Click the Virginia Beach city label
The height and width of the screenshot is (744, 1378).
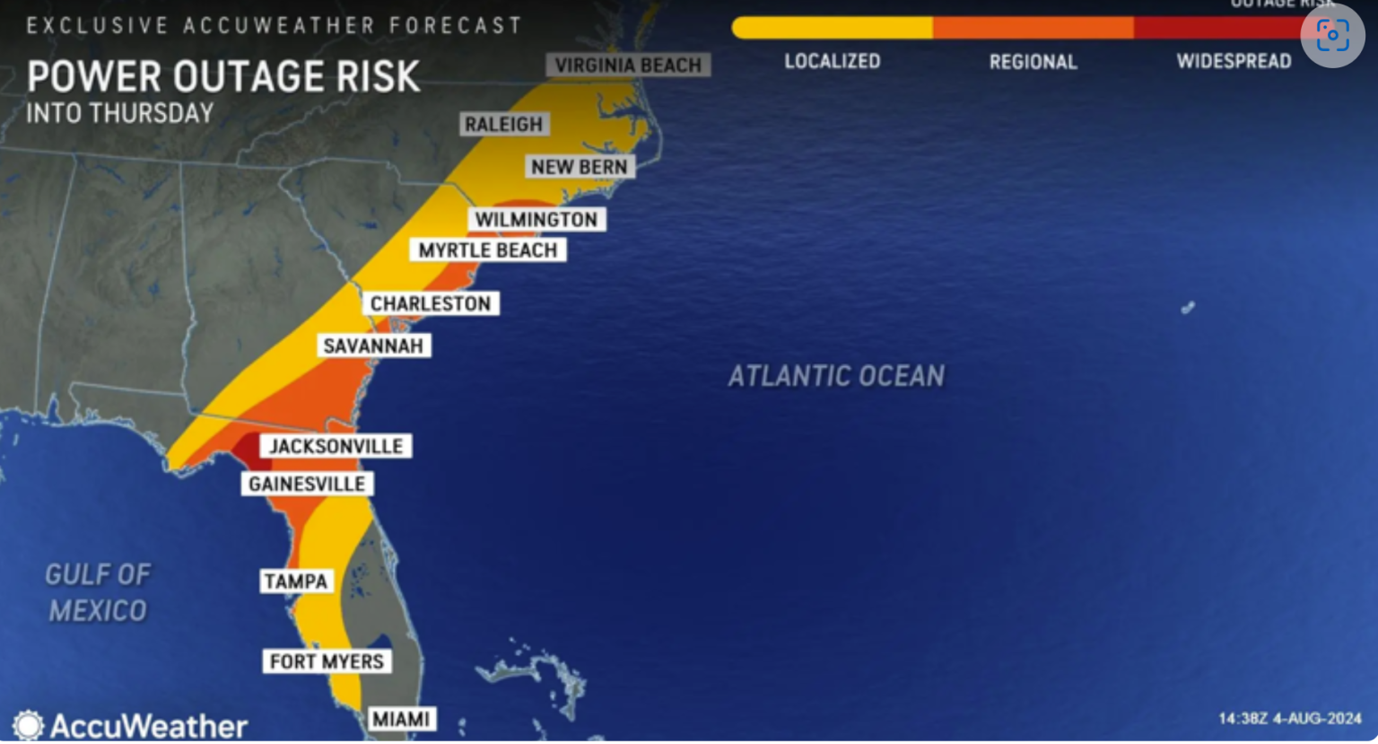[628, 66]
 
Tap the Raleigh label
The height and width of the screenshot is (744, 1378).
[503, 125]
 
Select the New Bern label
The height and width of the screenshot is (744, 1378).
[579, 167]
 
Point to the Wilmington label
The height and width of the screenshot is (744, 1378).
[536, 220]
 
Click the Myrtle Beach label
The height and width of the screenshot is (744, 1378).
[487, 250]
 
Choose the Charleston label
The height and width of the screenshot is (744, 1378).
[431, 304]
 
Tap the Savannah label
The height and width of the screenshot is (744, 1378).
[372, 346]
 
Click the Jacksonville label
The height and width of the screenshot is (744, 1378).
[336, 446]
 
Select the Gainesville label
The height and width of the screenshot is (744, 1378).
[307, 485]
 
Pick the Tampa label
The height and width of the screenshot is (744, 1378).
[296, 582]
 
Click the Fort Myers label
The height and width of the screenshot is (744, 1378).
[327, 662]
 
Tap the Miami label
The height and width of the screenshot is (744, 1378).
[401, 719]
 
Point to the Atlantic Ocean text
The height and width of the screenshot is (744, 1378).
[836, 376]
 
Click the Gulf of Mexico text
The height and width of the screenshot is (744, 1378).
[98, 592]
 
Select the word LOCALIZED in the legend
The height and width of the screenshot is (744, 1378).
[833, 62]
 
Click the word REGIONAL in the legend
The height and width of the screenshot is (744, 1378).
[1033, 62]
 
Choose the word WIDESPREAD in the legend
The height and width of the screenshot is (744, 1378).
[1234, 62]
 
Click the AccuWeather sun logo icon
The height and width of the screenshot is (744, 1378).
[28, 725]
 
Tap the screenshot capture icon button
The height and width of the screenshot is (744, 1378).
[1332, 36]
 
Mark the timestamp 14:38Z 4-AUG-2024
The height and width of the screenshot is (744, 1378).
[1289, 719]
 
